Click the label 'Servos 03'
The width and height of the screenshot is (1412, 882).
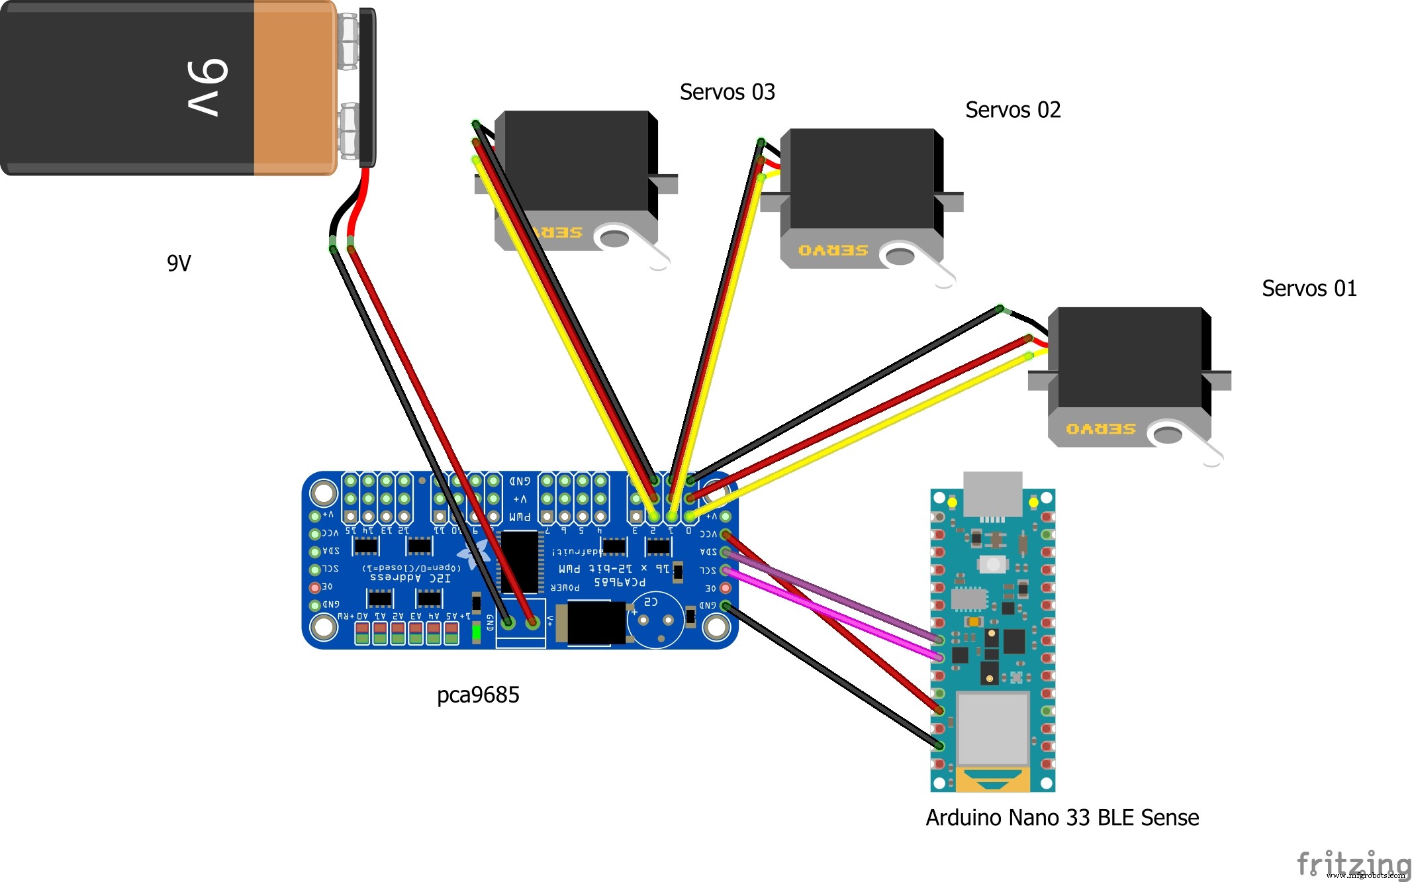pyautogui.click(x=727, y=92)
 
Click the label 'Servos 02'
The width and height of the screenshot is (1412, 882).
pyautogui.click(x=1012, y=110)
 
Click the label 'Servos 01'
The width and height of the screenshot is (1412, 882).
pyautogui.click(x=1309, y=289)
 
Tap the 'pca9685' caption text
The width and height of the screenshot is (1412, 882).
pyautogui.click(x=478, y=695)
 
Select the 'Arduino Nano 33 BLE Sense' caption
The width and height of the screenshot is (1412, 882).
pyautogui.click(x=1062, y=818)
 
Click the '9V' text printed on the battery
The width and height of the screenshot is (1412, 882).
pyautogui.click(x=207, y=87)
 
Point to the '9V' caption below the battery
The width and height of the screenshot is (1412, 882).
pyautogui.click(x=179, y=264)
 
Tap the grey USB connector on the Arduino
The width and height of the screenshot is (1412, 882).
pyautogui.click(x=992, y=493)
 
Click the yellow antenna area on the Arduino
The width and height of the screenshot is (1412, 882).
pyautogui.click(x=992, y=780)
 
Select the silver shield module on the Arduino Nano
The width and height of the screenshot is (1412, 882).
pyautogui.click(x=992, y=728)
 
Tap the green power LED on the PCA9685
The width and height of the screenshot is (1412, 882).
pyautogui.click(x=476, y=633)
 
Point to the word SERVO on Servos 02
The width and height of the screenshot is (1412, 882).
pyautogui.click(x=833, y=250)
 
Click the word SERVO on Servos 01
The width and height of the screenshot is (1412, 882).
pyautogui.click(x=1100, y=429)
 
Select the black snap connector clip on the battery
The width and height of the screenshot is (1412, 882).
pyautogui.click(x=367, y=87)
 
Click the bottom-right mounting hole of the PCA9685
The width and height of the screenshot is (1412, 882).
pyautogui.click(x=716, y=626)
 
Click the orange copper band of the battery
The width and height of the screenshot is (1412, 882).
pyautogui.click(x=294, y=87)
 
